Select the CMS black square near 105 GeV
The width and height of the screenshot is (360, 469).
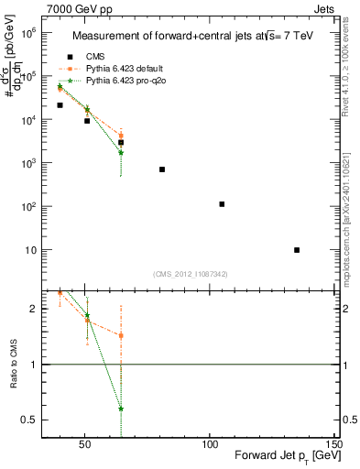coord(222,204)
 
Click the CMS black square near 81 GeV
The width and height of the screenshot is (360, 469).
coord(162,169)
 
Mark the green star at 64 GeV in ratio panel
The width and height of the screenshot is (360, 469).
coord(121,409)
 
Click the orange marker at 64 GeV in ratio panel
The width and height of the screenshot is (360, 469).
coord(121,335)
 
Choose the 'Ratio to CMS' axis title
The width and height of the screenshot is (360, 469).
coord(13,364)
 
